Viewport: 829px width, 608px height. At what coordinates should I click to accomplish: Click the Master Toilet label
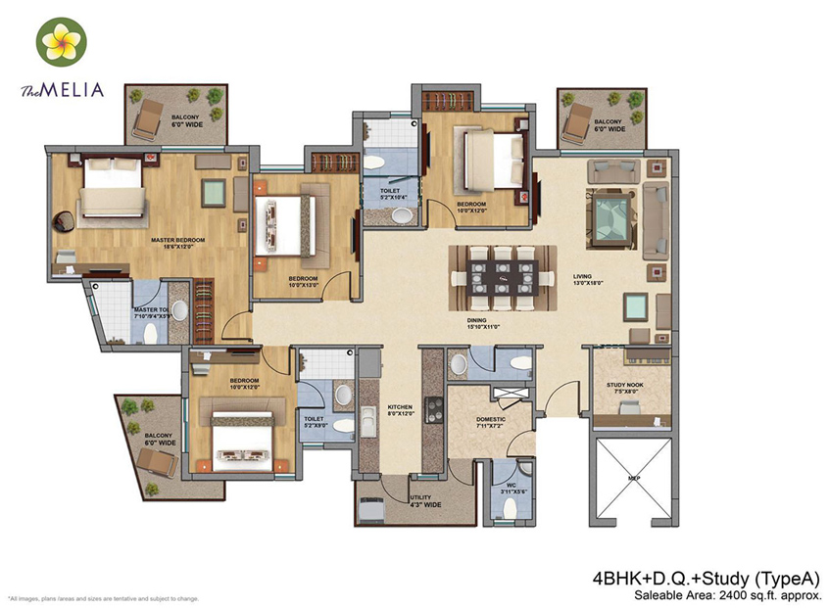point(153,312)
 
